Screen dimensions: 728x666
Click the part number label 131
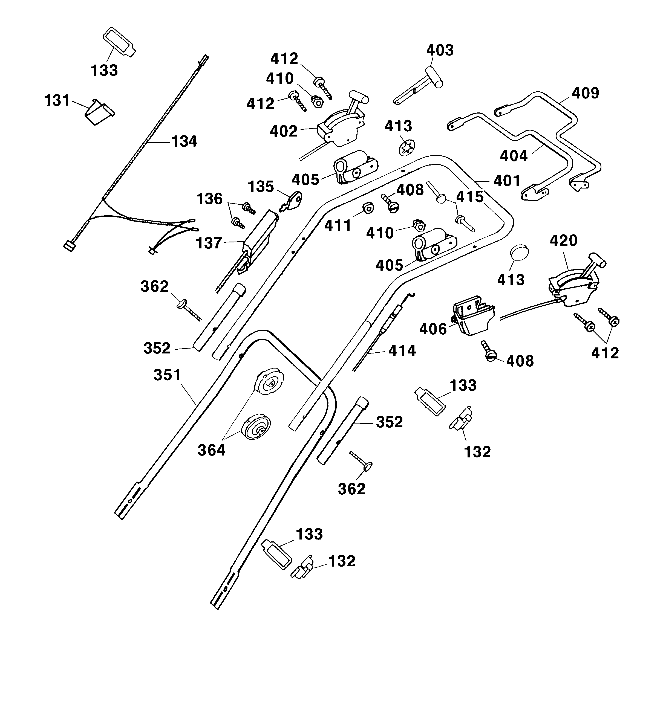[x=57, y=100]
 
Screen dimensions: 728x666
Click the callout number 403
[x=440, y=51]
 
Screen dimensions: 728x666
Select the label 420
[x=563, y=240]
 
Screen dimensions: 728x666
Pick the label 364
[x=211, y=450]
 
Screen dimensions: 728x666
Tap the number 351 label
[x=167, y=375]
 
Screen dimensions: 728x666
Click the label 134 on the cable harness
[x=184, y=141]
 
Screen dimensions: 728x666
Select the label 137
[x=209, y=243]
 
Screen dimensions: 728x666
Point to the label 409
[x=586, y=93]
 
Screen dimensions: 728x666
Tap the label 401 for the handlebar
[x=507, y=181]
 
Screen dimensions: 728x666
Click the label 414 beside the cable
[x=402, y=351]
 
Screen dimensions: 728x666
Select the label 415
[x=470, y=197]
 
